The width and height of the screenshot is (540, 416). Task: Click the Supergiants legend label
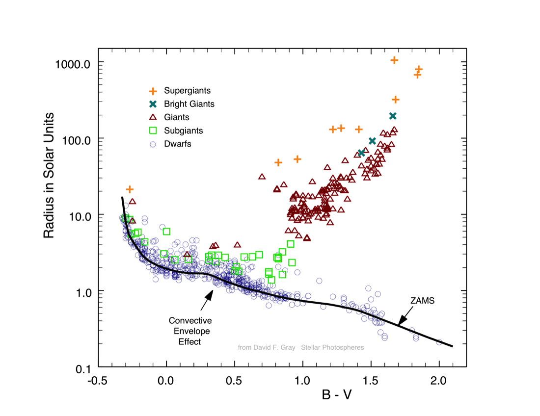coord(188,91)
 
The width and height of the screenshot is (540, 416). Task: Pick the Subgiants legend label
coord(184,130)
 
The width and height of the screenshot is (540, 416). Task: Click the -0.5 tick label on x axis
coord(98,380)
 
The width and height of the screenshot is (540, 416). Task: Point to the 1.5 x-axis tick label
coord(371,380)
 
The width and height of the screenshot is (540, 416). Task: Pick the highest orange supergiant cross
coord(394,60)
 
